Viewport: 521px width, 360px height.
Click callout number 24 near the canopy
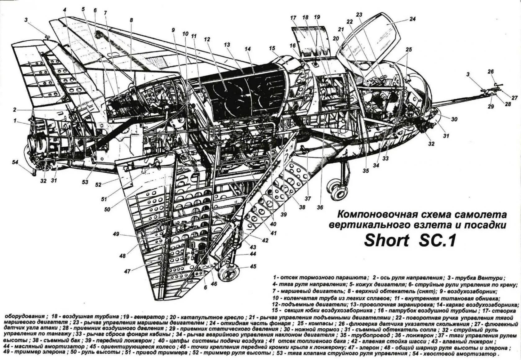click(412, 19)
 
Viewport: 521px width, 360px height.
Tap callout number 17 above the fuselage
click(293, 18)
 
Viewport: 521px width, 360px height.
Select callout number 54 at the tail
click(15, 162)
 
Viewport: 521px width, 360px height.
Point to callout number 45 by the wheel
click(253, 266)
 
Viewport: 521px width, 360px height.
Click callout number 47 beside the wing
click(127, 271)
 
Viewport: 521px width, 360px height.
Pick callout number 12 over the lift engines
click(207, 39)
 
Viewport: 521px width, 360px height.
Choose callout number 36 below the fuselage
click(320, 207)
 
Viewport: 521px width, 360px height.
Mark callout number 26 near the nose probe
click(490, 72)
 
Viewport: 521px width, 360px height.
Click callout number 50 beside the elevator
click(107, 209)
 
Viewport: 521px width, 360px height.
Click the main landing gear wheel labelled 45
click(228, 273)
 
